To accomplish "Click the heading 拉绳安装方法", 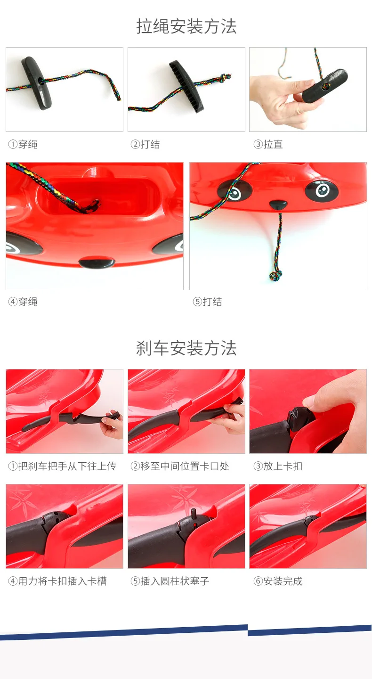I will click(x=186, y=26).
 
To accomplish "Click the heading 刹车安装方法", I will click(x=186, y=349).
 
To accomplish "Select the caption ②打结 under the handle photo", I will click(x=145, y=145).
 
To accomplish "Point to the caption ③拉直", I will click(x=268, y=145).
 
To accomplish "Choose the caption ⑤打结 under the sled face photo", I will click(x=207, y=302).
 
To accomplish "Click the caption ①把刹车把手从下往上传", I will click(x=62, y=466).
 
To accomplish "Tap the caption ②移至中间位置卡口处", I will click(x=180, y=466).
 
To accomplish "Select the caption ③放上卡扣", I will click(x=278, y=466).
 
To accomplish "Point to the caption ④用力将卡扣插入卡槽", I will click(x=57, y=581).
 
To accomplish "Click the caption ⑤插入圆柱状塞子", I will click(x=170, y=581).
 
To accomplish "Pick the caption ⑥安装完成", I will click(x=278, y=581).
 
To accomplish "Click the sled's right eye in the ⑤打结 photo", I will click(x=321, y=190).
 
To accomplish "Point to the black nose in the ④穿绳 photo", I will click(x=96, y=262).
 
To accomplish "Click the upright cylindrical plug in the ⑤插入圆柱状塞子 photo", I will click(x=193, y=513).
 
